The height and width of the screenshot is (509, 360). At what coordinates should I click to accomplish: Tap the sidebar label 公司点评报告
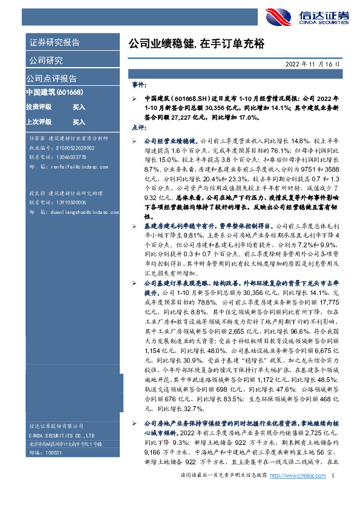pyautogui.click(x=51, y=78)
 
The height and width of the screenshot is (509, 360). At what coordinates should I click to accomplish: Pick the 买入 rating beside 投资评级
pyautogui.click(x=79, y=107)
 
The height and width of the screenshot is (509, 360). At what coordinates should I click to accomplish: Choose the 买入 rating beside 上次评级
pyautogui.click(x=79, y=122)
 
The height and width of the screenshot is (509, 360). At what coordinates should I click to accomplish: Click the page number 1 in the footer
pyautogui.click(x=333, y=493)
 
